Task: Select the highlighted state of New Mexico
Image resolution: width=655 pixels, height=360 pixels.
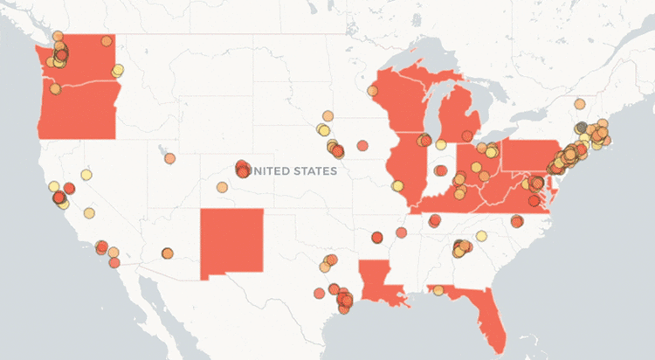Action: point(231,244)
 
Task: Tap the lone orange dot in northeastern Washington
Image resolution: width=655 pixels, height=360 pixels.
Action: point(107,40)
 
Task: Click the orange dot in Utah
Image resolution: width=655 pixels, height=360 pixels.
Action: point(169,158)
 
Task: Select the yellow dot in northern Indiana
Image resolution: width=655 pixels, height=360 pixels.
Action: point(442,144)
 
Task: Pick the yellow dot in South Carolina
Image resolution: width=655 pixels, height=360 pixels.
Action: point(481,236)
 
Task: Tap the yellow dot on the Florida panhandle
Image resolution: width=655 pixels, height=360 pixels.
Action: point(437,290)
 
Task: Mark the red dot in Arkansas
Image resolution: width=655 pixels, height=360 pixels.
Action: point(377,237)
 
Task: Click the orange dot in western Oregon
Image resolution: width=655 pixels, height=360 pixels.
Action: point(55,88)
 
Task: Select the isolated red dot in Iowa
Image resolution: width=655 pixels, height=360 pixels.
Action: point(362,145)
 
